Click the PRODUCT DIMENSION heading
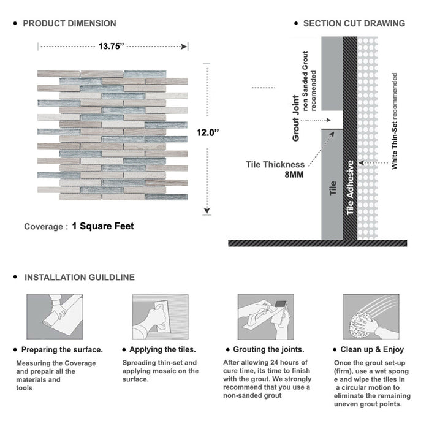click(69, 23)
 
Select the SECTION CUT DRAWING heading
click(354, 23)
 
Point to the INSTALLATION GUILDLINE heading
click(79, 277)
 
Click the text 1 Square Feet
click(103, 226)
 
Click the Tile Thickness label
click(275, 164)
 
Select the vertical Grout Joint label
click(296, 118)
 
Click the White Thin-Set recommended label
click(395, 121)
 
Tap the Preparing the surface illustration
click(54, 316)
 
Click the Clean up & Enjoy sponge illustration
click(370, 316)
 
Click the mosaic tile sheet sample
click(112, 132)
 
